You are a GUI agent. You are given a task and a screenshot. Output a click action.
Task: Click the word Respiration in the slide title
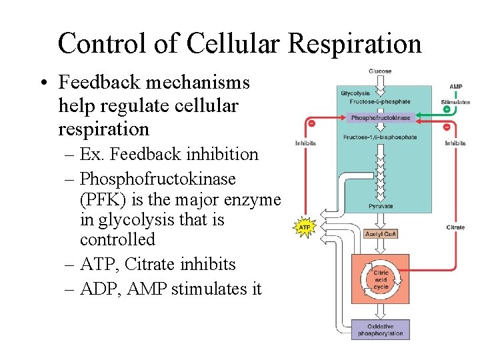(355, 44)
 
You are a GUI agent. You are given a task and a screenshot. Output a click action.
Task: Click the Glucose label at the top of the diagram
(380, 71)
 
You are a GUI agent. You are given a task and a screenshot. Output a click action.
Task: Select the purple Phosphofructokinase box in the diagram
(381, 118)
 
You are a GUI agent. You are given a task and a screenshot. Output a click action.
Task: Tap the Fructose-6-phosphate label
(380, 102)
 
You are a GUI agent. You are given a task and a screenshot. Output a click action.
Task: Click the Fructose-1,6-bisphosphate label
(380, 137)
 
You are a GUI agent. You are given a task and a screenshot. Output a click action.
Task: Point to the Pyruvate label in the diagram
(380, 207)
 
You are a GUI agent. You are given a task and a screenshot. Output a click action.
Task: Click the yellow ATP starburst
(304, 227)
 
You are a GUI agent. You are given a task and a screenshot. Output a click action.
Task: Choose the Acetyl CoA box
(381, 234)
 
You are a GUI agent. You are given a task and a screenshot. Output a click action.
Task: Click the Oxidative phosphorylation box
(380, 330)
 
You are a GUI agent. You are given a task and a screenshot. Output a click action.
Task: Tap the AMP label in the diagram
(456, 87)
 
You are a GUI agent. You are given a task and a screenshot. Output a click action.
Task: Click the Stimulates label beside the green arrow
(455, 102)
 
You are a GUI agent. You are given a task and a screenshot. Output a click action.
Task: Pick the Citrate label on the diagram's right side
(455, 227)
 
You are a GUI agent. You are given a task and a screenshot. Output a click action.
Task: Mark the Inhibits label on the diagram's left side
(306, 143)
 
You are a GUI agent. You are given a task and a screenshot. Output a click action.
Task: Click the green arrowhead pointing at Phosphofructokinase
(419, 118)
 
